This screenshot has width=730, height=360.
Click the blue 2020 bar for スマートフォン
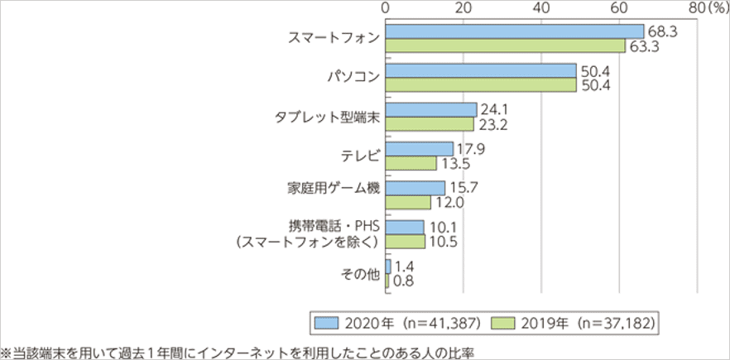514,31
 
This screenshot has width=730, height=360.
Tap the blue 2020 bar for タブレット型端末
430,109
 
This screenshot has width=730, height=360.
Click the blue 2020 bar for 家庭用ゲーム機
415,188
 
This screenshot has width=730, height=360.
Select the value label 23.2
490,124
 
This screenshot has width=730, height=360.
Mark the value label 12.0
448,203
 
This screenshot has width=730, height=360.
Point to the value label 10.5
442,242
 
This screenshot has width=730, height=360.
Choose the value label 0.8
403,281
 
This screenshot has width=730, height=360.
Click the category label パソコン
352,77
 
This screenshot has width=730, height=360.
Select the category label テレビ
358,155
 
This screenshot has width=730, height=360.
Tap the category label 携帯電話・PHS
331,226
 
